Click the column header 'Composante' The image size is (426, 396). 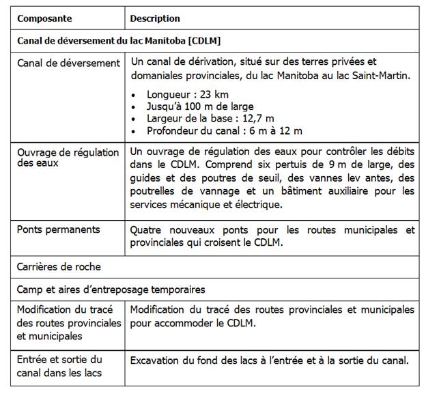tap(44, 18)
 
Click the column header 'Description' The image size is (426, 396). tap(155, 18)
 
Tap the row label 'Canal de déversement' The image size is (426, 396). tap(68, 63)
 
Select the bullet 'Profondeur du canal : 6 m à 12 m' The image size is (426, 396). tap(224, 130)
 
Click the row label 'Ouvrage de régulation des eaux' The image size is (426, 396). tap(68, 158)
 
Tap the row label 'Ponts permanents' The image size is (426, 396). tap(58, 229)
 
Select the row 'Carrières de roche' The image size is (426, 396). tap(59, 266)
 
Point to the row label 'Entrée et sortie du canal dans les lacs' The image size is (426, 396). tap(59, 365)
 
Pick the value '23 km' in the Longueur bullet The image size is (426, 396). tap(214, 94)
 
